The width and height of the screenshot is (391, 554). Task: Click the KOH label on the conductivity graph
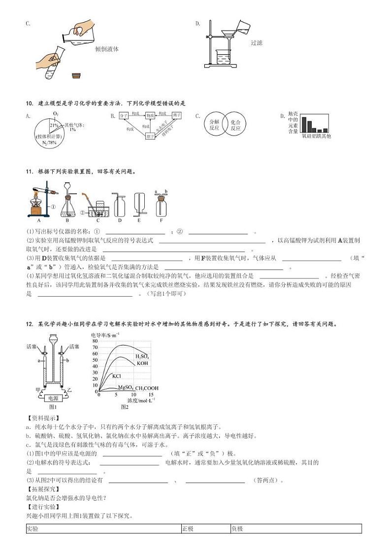click(x=142, y=363)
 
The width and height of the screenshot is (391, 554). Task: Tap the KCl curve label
click(x=117, y=376)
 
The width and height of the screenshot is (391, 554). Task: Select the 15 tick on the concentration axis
click(x=151, y=395)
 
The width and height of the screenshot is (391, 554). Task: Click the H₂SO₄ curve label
click(x=142, y=356)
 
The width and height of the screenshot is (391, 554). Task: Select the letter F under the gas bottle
click(x=160, y=220)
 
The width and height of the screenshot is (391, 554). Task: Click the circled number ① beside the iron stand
click(x=54, y=207)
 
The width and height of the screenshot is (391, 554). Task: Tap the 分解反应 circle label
click(x=214, y=125)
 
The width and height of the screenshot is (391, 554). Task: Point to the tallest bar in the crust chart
click(x=305, y=125)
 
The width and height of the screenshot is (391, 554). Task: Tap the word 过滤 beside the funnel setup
click(x=257, y=43)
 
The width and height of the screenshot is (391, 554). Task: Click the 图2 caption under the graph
click(x=125, y=407)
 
